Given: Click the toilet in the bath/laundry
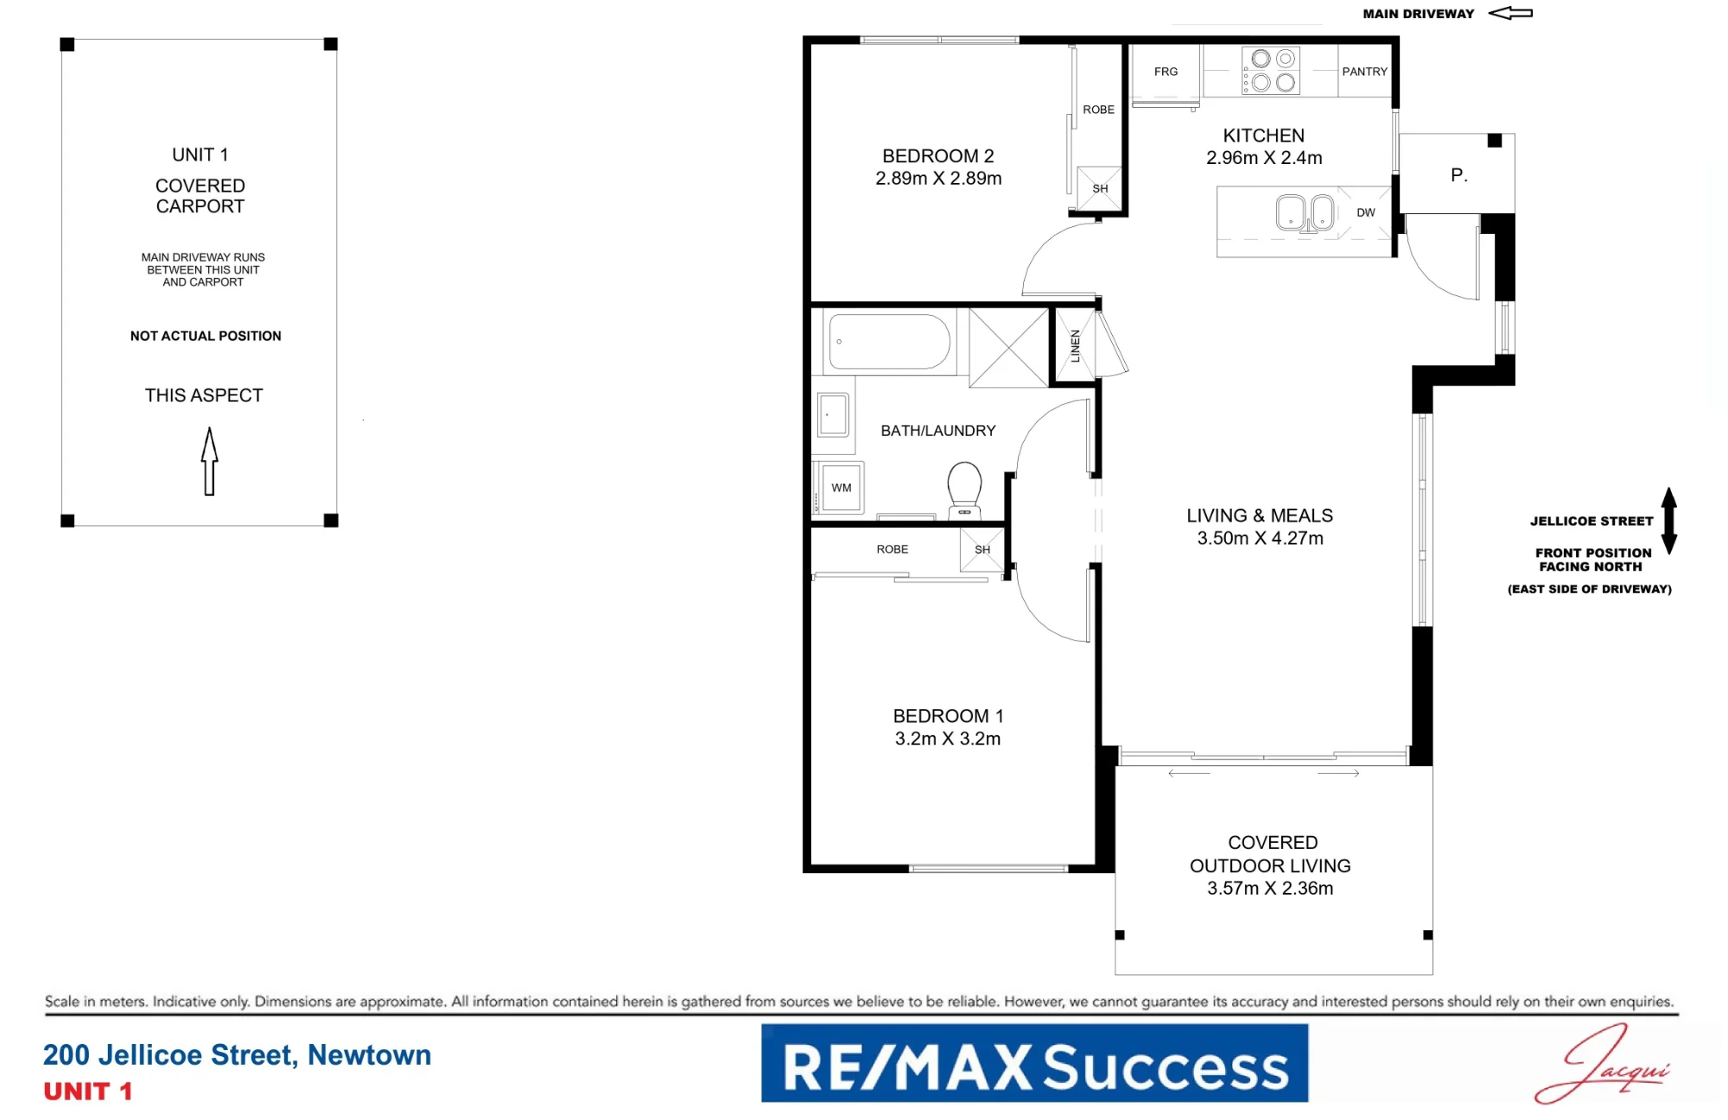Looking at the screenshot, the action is (964, 490).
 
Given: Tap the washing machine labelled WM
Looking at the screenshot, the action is (841, 488).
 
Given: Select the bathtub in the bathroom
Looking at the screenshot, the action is (889, 341).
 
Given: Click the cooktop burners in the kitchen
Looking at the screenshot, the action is (1271, 71).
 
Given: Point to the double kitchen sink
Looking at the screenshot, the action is (1306, 212).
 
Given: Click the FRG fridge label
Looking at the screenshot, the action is (1166, 72).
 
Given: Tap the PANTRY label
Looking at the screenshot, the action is (1364, 72).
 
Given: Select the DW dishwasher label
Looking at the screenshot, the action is (1365, 212).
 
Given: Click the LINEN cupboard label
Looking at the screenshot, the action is (1075, 345).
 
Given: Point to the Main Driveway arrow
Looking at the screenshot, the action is (1510, 13).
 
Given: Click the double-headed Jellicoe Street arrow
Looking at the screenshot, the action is (1669, 520).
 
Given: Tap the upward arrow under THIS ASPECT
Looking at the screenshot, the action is (209, 461).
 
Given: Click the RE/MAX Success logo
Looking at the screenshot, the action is (1034, 1063).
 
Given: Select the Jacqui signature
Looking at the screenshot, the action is (1603, 1064).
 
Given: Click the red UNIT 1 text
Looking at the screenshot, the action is (88, 1092).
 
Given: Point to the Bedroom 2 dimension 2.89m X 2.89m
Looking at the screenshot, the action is (938, 179).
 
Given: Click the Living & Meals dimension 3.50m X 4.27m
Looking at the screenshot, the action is (1260, 538).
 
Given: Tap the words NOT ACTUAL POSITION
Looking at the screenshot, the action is (206, 336).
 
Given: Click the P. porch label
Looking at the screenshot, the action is (1458, 175).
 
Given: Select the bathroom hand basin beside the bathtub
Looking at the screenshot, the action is (834, 414).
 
